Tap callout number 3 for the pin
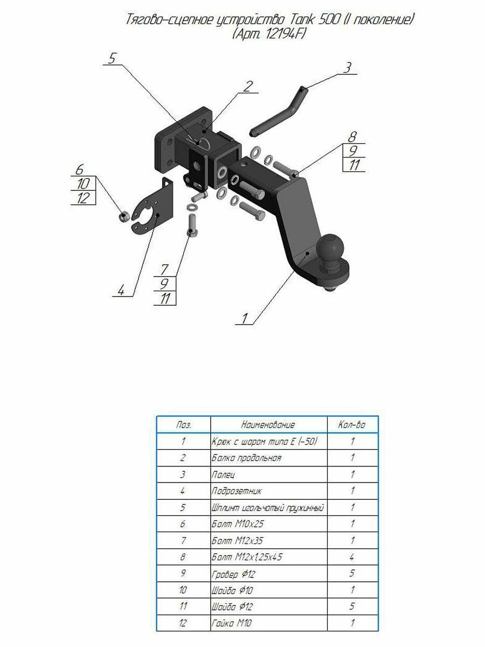click(x=348, y=67)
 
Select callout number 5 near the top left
click(x=112, y=58)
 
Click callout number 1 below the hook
click(x=245, y=319)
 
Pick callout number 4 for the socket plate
click(x=121, y=290)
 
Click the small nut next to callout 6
click(x=124, y=217)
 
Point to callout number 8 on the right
click(x=352, y=137)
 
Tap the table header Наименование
click(x=268, y=425)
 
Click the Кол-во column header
click(x=351, y=425)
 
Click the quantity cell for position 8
click(x=352, y=557)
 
